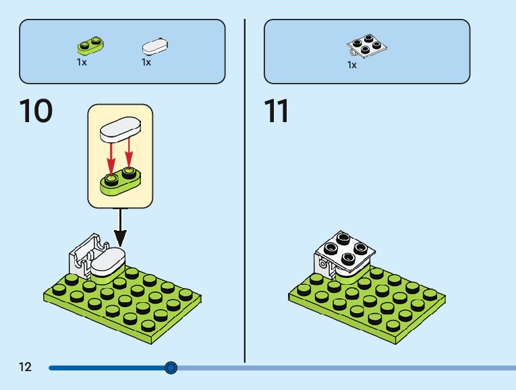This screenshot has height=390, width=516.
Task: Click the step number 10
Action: click(x=36, y=111)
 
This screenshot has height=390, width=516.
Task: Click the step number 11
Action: click(x=277, y=111)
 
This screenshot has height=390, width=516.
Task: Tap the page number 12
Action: click(x=25, y=367)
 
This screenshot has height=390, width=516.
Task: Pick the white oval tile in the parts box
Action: click(x=154, y=47)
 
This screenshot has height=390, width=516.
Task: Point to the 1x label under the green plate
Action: click(x=82, y=62)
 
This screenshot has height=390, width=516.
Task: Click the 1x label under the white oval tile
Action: click(x=146, y=62)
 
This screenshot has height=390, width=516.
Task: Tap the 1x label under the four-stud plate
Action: click(x=352, y=65)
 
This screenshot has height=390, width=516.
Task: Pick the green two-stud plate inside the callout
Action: click(x=121, y=180)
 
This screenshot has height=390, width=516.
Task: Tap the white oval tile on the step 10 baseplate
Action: click(x=108, y=261)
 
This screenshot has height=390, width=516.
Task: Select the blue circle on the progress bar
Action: click(x=171, y=368)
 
